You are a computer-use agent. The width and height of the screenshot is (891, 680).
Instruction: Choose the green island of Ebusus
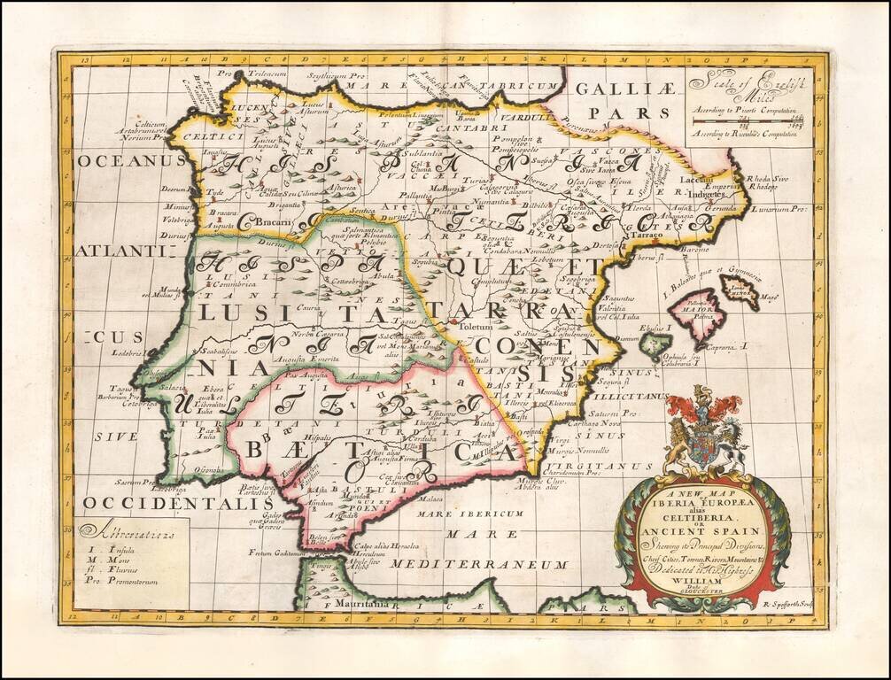click(x=655, y=343)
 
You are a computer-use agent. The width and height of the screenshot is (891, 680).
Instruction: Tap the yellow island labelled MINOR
click(x=740, y=289)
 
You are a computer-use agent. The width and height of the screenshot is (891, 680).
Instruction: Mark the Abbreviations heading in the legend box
click(x=126, y=532)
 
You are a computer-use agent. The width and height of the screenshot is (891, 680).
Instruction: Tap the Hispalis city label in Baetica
click(x=314, y=437)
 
